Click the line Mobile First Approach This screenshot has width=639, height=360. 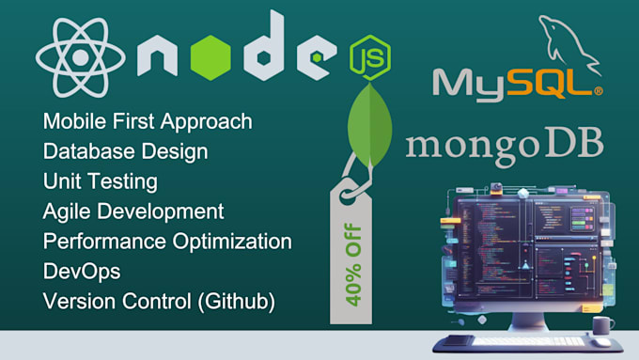coord(148,121)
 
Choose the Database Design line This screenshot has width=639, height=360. coord(126,151)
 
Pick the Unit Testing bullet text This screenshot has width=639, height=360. coord(101,181)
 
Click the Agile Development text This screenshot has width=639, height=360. coord(134,211)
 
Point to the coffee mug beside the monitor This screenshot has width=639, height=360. coord(601,324)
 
